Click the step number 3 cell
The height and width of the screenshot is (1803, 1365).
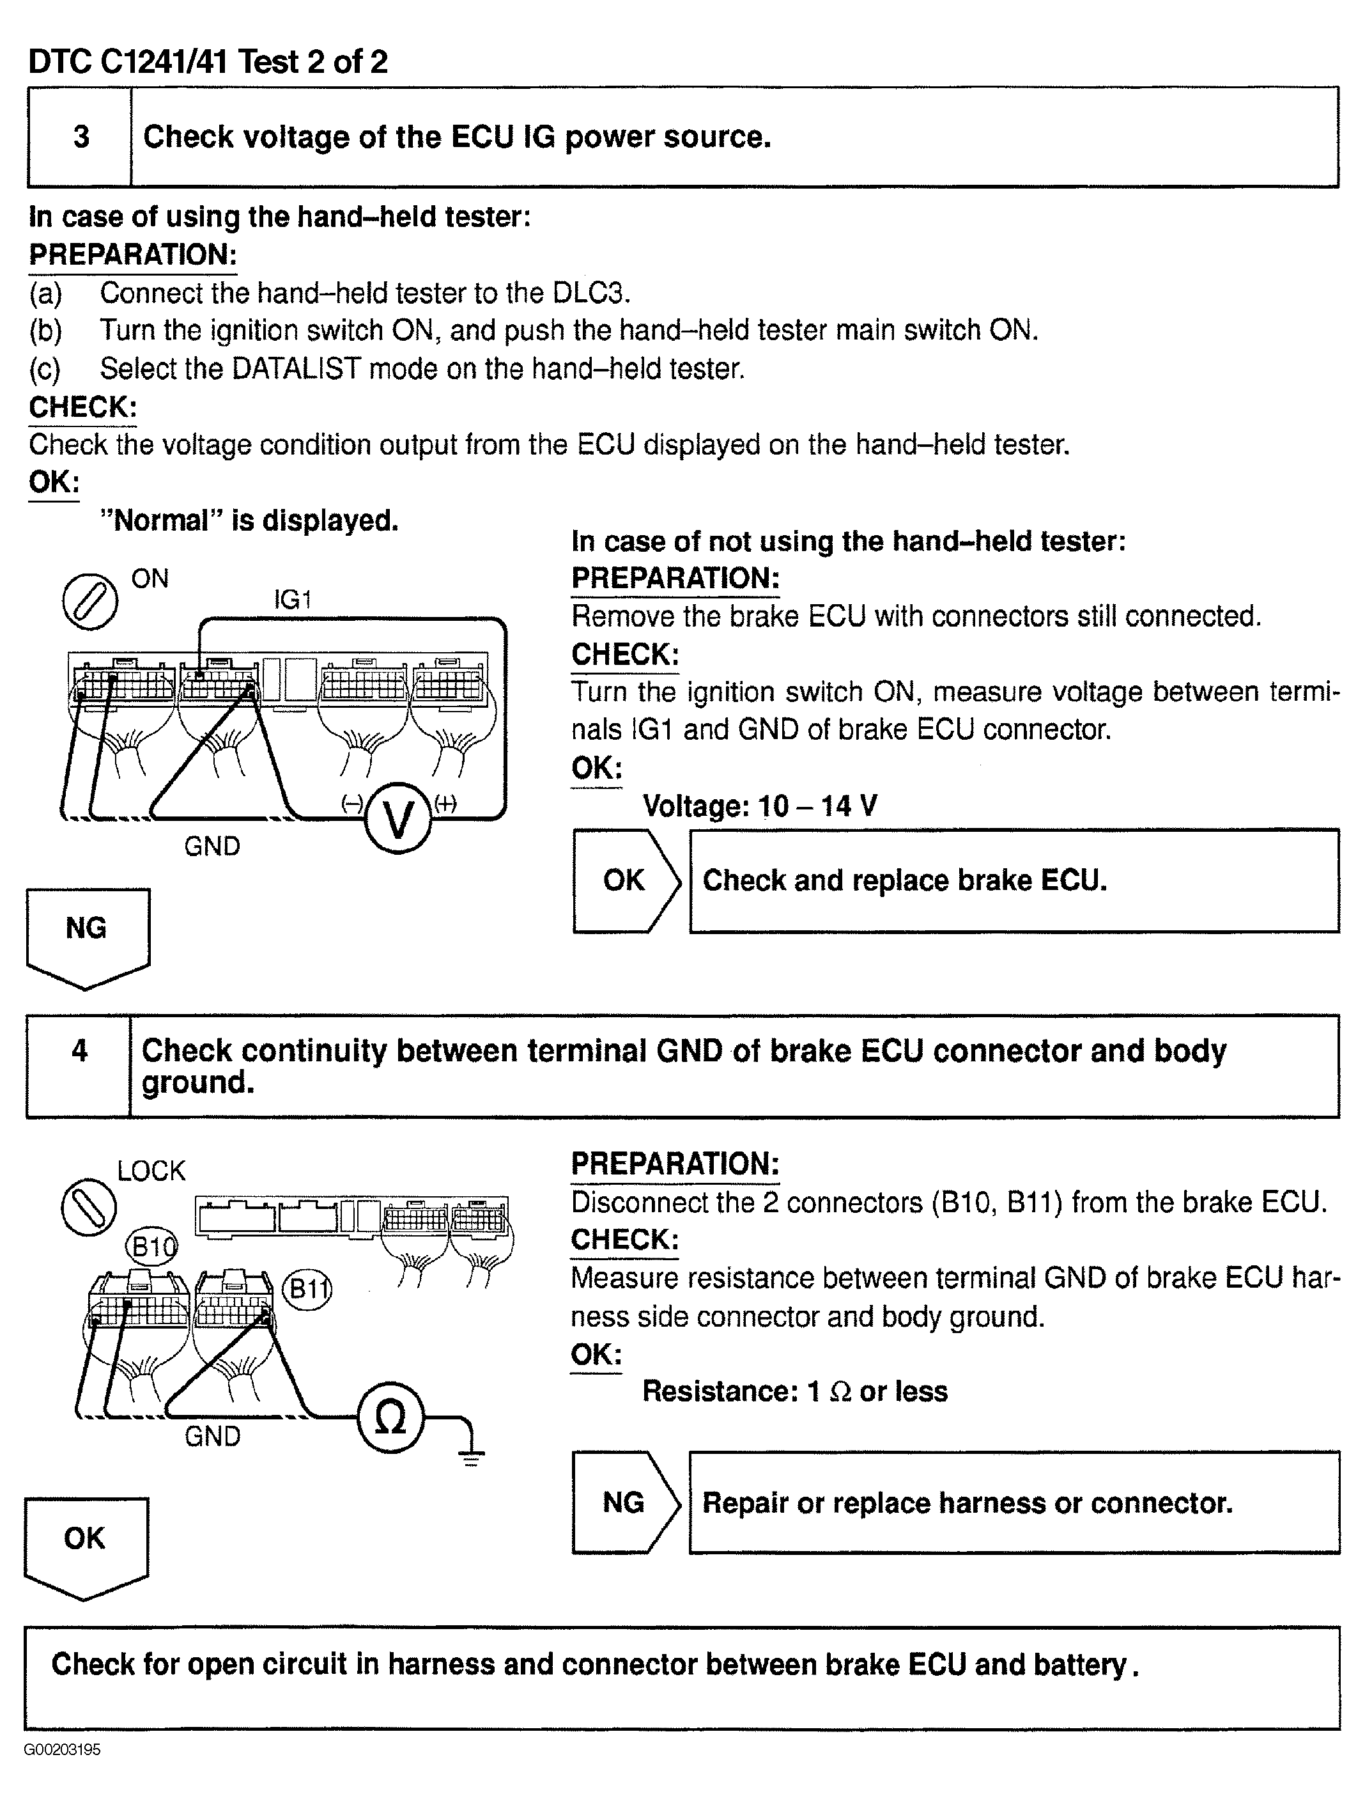point(80,137)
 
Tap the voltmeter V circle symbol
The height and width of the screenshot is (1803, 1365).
point(397,818)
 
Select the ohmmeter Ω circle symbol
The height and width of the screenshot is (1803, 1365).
point(390,1419)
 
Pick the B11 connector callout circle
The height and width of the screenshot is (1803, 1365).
point(307,1290)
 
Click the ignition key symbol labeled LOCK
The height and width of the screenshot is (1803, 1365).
point(89,1207)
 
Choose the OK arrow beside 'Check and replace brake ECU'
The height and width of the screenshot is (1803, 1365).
point(626,881)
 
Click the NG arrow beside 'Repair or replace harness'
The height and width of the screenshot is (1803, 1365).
point(625,1502)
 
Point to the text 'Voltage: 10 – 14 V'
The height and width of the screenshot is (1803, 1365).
point(760,806)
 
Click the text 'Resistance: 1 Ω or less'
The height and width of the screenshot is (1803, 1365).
point(794,1391)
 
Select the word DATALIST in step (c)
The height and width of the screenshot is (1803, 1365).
point(296,368)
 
